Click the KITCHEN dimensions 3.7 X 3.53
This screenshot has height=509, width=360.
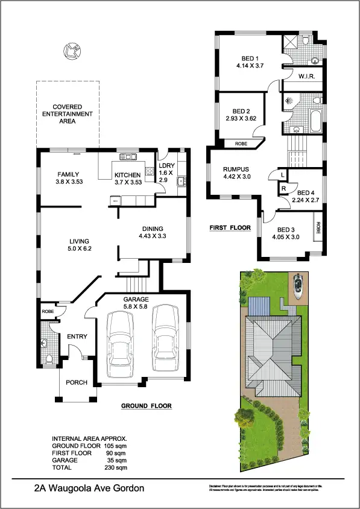[x=128, y=183]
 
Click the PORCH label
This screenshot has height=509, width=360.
[x=77, y=382]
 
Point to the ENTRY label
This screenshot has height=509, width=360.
[x=77, y=337]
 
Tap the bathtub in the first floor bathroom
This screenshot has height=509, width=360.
[x=314, y=121]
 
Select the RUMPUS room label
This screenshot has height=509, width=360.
[x=236, y=169]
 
